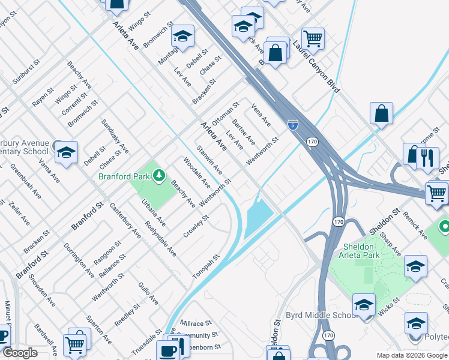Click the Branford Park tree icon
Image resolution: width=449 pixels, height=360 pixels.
(x=158, y=175)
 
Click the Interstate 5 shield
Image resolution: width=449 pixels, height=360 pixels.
(x=292, y=125)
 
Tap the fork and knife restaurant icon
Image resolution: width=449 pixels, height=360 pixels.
(x=427, y=158)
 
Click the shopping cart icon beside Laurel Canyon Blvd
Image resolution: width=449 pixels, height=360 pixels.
(x=313, y=39)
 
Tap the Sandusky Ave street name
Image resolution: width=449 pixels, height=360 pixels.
(x=115, y=135)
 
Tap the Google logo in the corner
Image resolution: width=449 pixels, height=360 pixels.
(x=20, y=353)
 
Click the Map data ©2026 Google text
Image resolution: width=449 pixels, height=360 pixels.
(x=411, y=355)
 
